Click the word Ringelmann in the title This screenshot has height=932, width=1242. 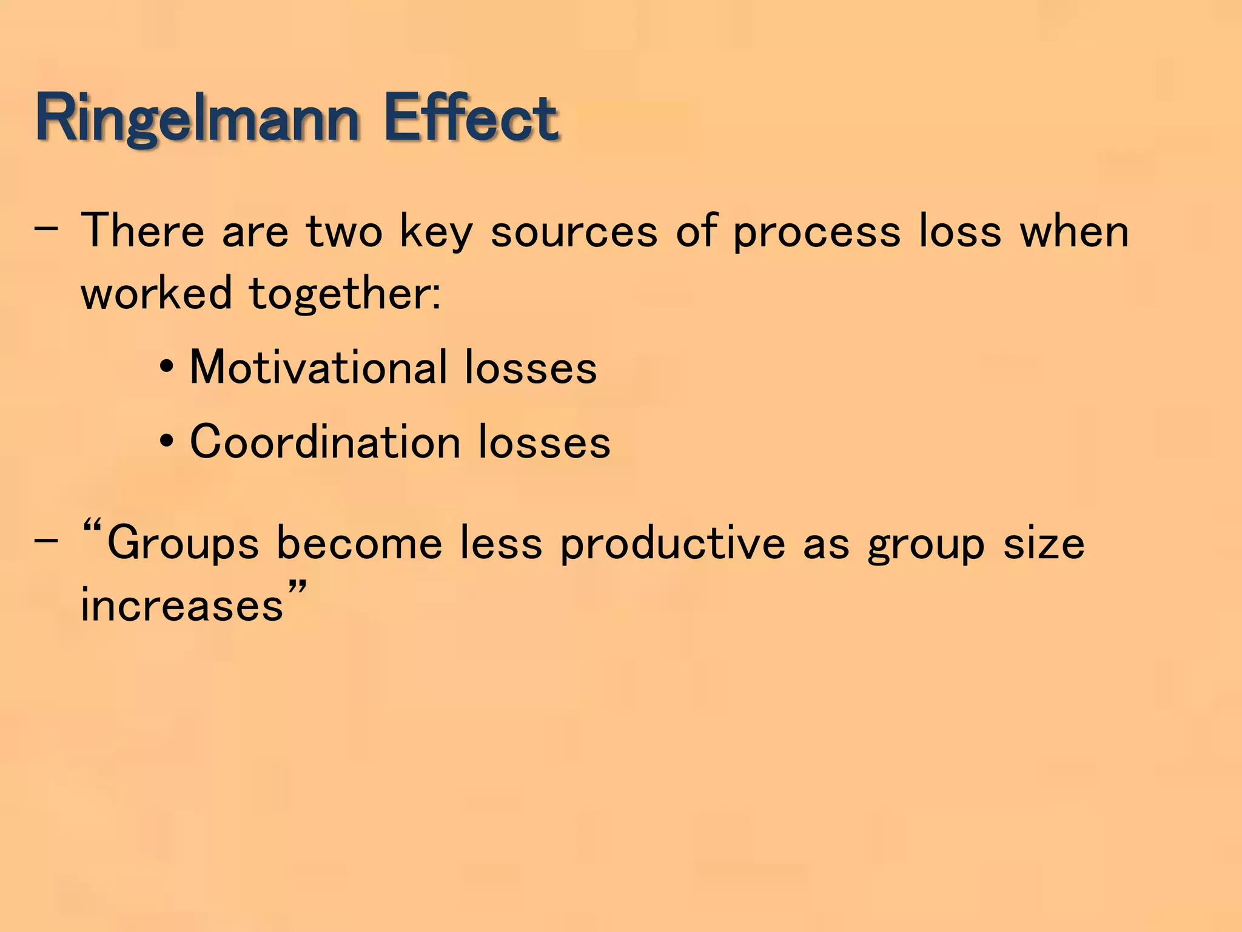click(x=198, y=118)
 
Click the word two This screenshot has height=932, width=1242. click(x=344, y=232)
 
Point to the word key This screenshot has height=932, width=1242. click(x=436, y=233)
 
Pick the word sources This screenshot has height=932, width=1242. click(x=574, y=233)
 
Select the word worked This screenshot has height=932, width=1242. click(x=156, y=293)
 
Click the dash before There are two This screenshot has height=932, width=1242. click(x=47, y=230)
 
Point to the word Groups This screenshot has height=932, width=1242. click(x=183, y=544)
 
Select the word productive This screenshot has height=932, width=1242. click(x=672, y=542)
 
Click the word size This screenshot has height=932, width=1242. click(x=1044, y=544)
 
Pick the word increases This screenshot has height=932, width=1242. click(x=182, y=606)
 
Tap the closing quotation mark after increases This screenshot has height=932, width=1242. click(x=297, y=589)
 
